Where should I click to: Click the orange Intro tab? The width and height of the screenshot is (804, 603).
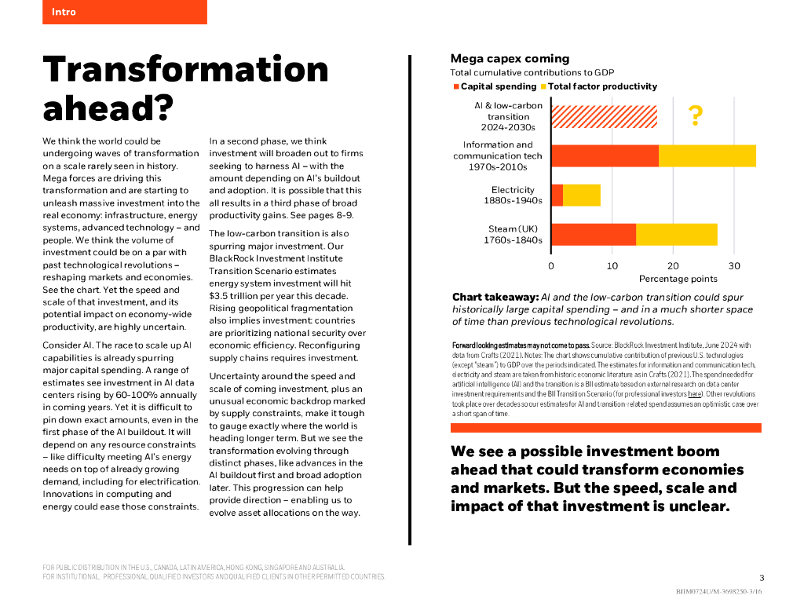124,12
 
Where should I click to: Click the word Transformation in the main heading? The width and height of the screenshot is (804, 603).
185,69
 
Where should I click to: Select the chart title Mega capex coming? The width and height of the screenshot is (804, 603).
510,59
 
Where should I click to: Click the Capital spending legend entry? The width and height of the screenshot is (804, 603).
498,86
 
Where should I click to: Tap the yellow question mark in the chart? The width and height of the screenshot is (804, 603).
695,116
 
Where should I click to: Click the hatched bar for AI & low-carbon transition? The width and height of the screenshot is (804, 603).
604,116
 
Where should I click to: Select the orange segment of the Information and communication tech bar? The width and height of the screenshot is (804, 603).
605,155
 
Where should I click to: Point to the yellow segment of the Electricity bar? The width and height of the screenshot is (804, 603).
582,195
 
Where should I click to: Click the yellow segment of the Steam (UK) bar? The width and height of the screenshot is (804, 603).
676,234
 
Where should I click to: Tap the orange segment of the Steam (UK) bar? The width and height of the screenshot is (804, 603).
594,234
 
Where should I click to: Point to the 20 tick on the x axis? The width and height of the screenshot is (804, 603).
673,265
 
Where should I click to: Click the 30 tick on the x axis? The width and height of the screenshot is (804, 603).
734,265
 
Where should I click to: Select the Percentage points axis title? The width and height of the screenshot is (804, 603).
678,279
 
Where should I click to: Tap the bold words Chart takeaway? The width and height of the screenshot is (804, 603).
495,298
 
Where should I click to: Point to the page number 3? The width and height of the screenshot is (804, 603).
761,577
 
